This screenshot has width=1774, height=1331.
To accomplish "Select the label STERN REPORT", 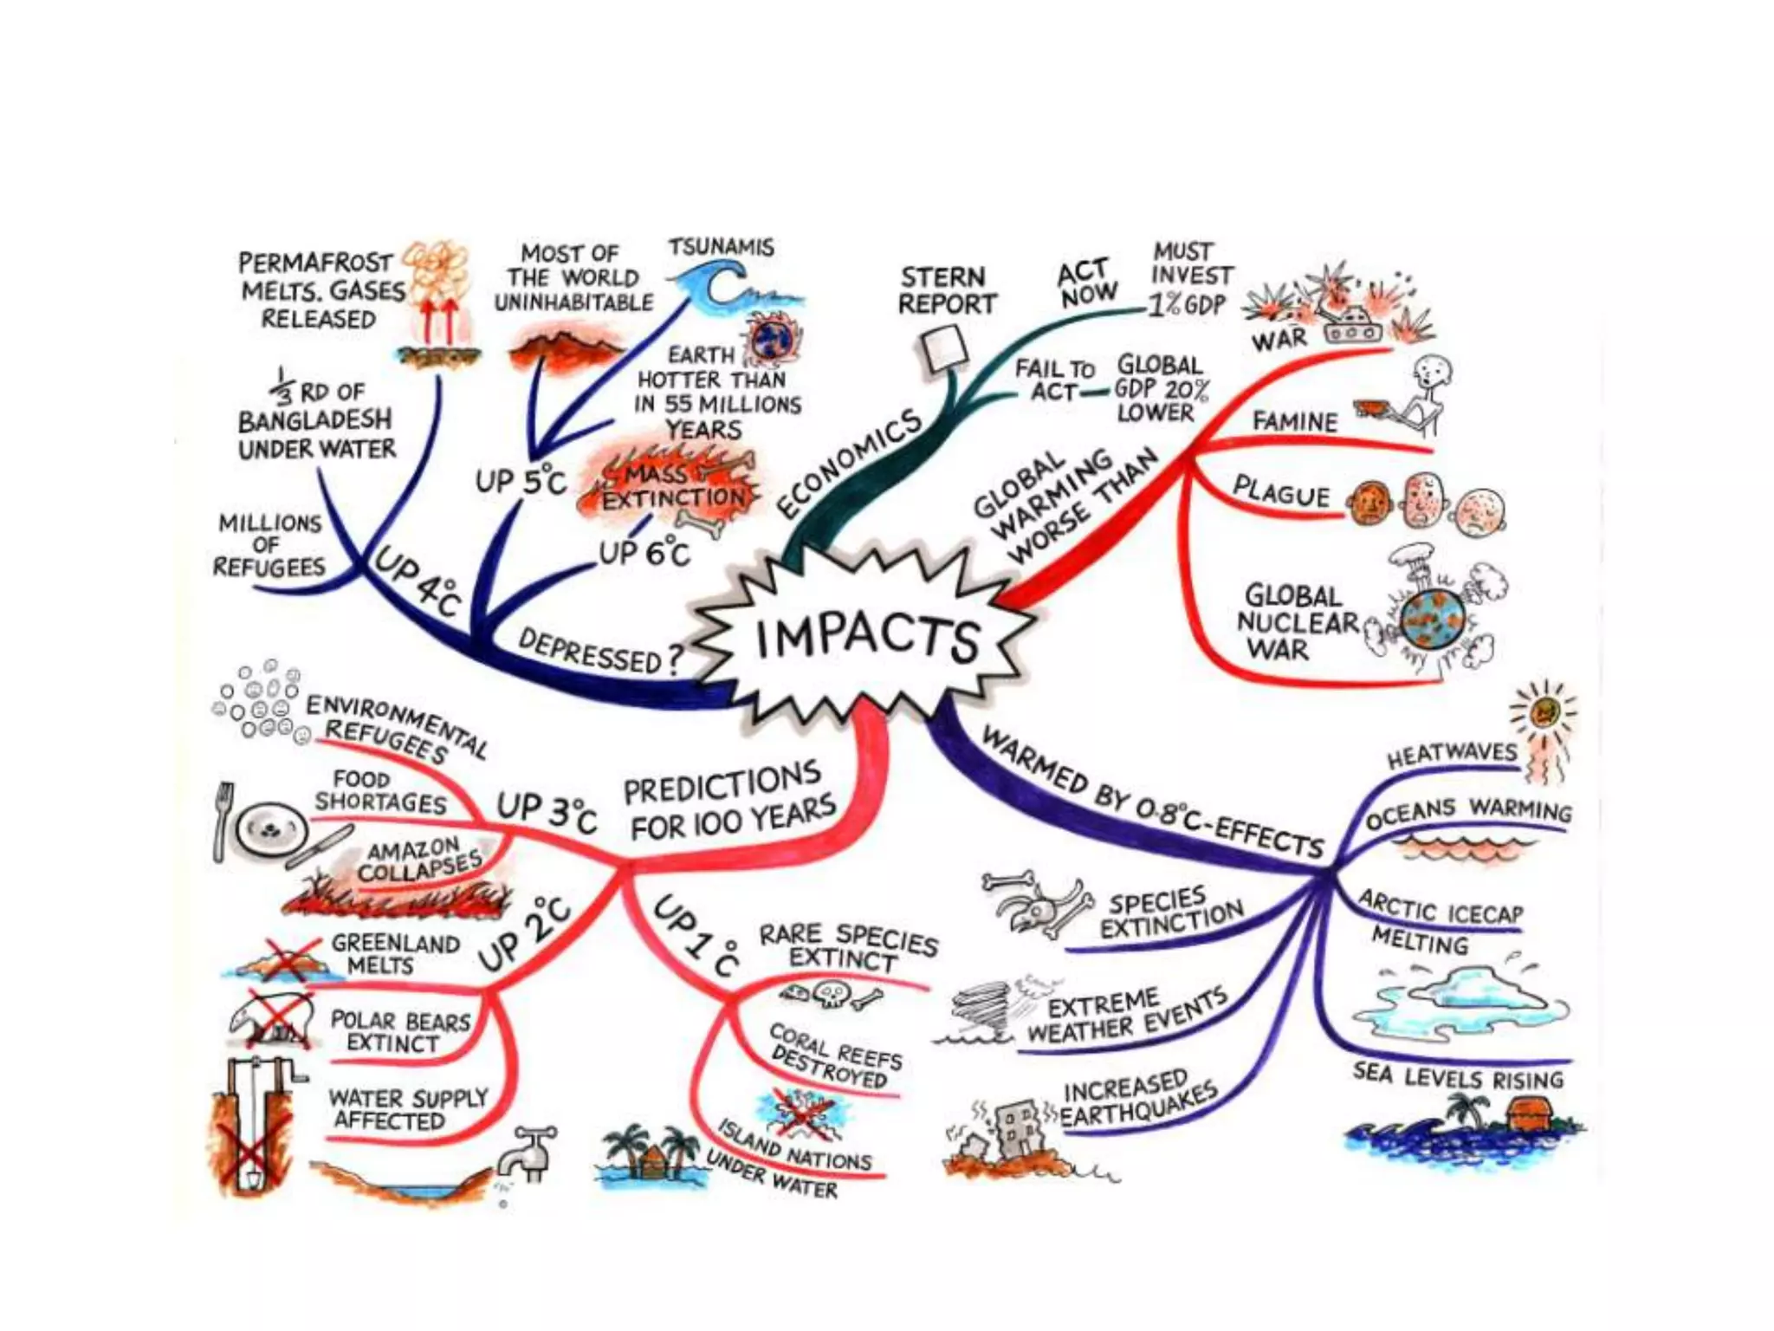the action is (x=947, y=291).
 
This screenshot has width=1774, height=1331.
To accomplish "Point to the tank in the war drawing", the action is (x=1351, y=325).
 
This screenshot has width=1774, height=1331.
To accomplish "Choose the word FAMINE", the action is (x=1294, y=422).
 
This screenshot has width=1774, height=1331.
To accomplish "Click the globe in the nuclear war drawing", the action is (x=1433, y=620).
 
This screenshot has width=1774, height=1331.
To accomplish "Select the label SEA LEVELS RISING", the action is (x=1458, y=1077).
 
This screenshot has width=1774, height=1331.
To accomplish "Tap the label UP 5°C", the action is (x=520, y=480).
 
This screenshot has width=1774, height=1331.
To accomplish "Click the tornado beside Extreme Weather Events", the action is (x=985, y=1008).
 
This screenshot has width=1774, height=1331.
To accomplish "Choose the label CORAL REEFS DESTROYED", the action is (x=834, y=1057).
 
